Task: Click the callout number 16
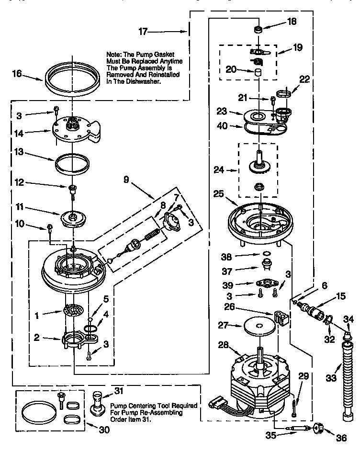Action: click(x=17, y=73)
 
